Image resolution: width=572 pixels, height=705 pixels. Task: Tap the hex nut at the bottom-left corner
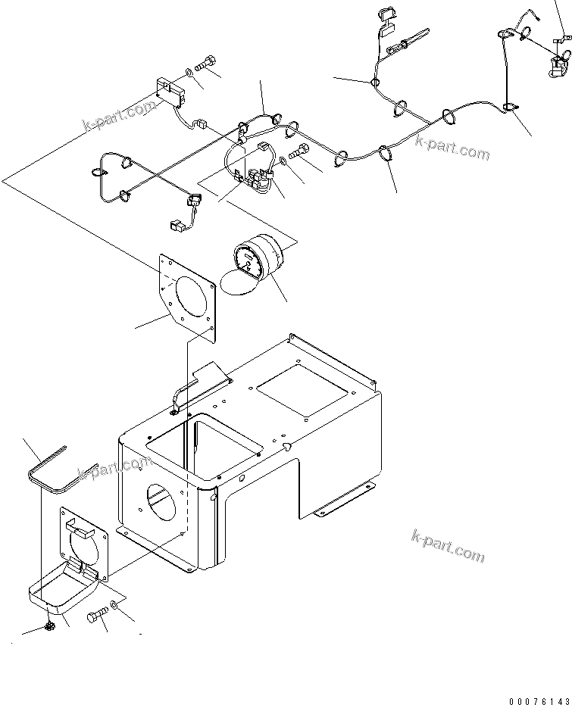click(49, 626)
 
